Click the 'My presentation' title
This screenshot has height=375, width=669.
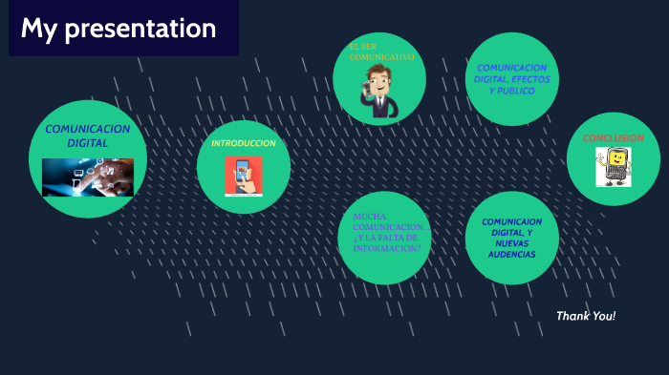coord(119,30)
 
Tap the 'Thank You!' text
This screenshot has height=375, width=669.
coord(585,316)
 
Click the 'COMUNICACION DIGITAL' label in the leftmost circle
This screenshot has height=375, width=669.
coord(87,135)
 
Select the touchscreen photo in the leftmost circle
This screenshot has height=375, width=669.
coord(87,177)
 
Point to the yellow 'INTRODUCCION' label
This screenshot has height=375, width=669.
coord(244,143)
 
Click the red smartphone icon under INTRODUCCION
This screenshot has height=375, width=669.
coord(244,176)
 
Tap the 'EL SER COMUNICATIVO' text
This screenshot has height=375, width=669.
coord(380,52)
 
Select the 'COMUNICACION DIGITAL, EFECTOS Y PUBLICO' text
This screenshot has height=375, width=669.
coord(511,79)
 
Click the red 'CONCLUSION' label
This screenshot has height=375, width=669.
coord(613,137)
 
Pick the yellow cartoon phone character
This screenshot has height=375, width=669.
coord(613,167)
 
